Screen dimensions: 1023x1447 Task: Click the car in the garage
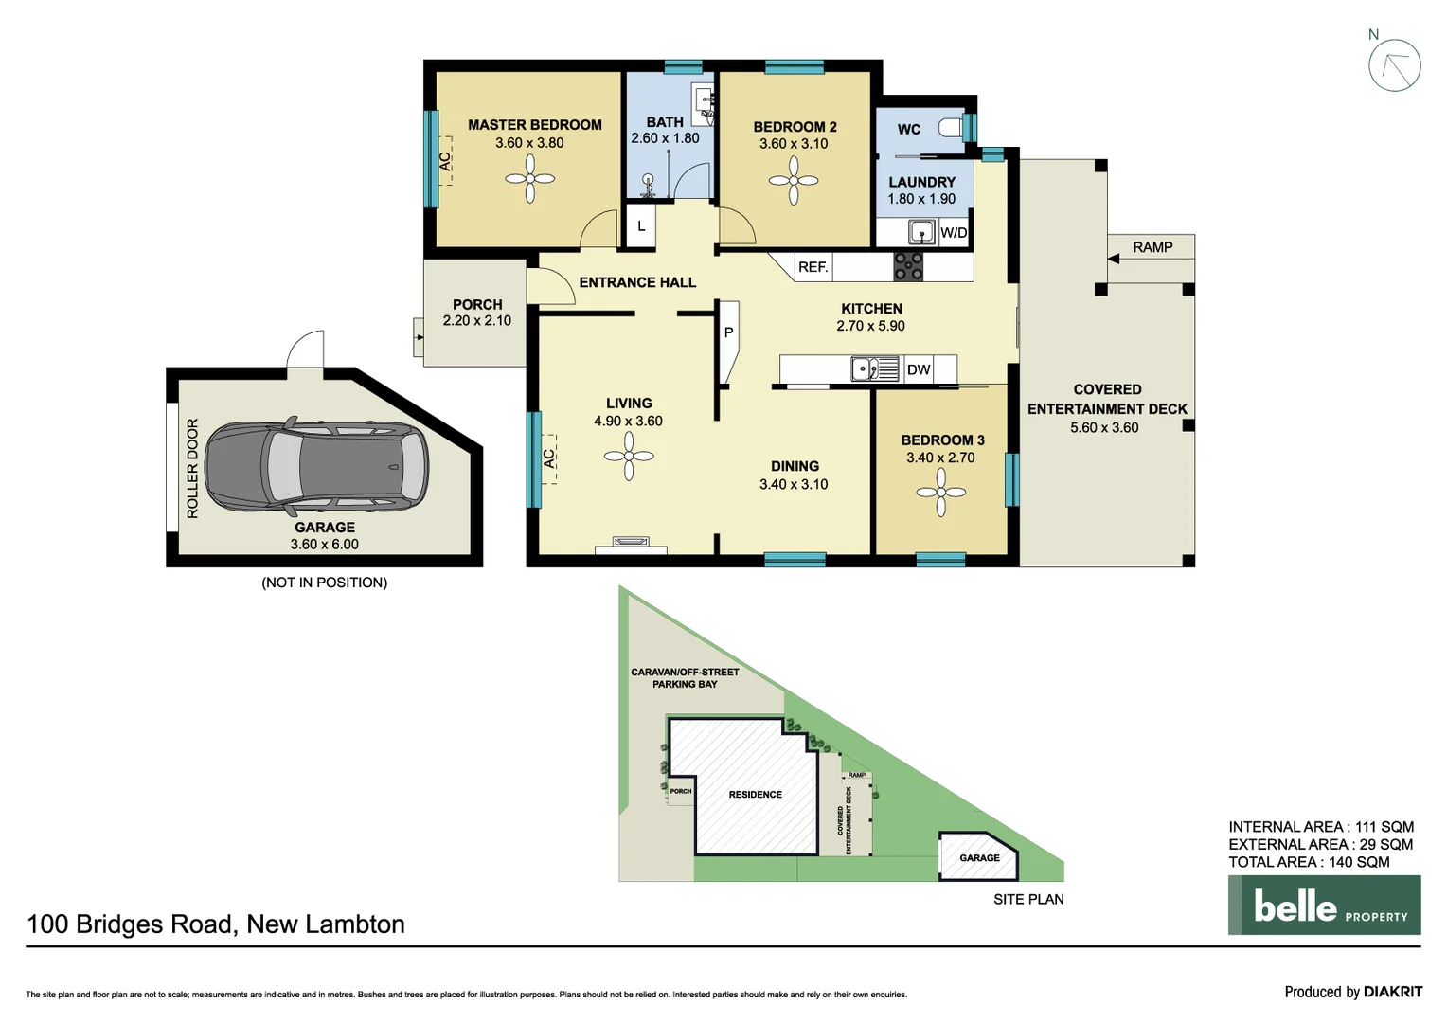(x=316, y=465)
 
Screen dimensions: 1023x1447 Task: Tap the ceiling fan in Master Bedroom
(x=529, y=179)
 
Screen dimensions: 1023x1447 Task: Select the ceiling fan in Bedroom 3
(x=940, y=493)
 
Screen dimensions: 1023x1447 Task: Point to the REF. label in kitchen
(x=813, y=267)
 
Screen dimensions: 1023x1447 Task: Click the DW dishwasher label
(x=918, y=369)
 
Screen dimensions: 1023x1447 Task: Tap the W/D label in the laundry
(x=954, y=233)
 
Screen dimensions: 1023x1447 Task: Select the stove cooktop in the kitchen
(x=908, y=267)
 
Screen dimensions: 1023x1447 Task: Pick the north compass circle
(x=1394, y=66)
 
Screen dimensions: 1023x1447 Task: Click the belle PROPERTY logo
(x=1324, y=906)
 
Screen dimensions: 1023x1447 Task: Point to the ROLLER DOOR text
(x=192, y=468)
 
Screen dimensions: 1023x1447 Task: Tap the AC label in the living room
(x=548, y=458)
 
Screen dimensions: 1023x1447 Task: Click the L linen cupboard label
(x=641, y=226)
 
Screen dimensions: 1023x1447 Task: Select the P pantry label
(x=728, y=332)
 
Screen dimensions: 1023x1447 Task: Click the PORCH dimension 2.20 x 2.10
(x=476, y=321)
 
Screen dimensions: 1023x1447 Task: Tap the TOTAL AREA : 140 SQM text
(x=1309, y=862)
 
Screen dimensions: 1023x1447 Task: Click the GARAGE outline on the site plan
(x=978, y=857)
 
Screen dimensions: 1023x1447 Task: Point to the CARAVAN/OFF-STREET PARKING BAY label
(x=685, y=677)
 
